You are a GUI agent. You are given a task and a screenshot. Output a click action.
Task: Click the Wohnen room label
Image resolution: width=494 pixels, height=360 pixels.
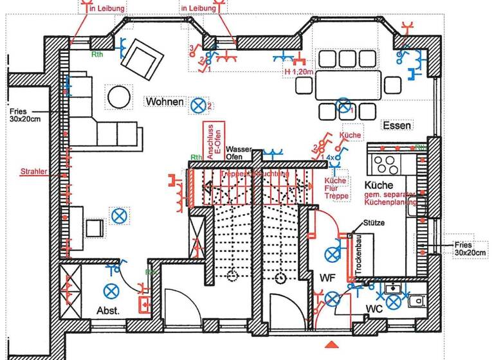click(164, 102)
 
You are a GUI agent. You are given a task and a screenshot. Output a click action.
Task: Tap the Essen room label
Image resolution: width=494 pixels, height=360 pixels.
click(396, 125)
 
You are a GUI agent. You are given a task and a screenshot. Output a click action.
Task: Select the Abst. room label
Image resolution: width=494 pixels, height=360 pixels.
click(109, 309)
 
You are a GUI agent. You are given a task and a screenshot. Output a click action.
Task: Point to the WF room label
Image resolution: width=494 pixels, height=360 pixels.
click(328, 278)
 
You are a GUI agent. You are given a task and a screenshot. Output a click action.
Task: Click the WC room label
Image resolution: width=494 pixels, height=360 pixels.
click(376, 309)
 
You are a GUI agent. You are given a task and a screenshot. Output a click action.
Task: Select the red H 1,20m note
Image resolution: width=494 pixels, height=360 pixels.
click(298, 72)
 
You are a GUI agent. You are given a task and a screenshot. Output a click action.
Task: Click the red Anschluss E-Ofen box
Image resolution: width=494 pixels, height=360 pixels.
click(212, 140)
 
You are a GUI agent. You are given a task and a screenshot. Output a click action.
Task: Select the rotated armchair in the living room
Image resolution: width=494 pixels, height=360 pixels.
click(141, 57)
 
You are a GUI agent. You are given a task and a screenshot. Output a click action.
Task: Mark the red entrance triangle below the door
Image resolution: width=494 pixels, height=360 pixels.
click(331, 345)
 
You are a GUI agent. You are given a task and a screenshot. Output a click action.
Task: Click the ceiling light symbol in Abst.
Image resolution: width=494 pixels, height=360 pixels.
click(113, 290)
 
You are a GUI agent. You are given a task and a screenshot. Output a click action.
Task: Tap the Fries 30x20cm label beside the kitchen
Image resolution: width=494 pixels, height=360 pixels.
click(472, 249)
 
